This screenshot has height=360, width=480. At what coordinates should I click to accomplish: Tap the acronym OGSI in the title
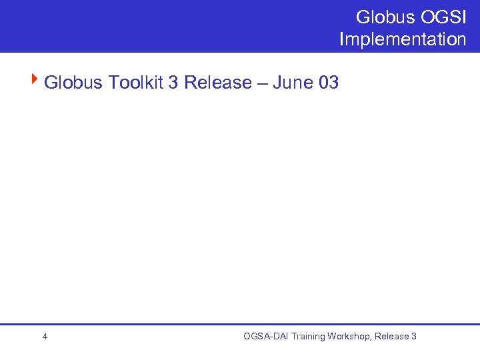click(x=443, y=17)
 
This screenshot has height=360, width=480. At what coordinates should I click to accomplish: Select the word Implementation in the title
click(x=403, y=39)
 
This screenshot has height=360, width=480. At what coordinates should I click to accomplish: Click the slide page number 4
click(x=45, y=337)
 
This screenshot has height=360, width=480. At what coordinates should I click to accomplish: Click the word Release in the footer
click(x=391, y=337)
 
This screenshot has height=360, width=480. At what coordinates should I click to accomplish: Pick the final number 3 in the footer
click(x=414, y=337)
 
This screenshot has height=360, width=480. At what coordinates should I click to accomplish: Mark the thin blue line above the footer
click(x=240, y=325)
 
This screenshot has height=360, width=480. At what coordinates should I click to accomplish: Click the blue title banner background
click(x=167, y=27)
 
